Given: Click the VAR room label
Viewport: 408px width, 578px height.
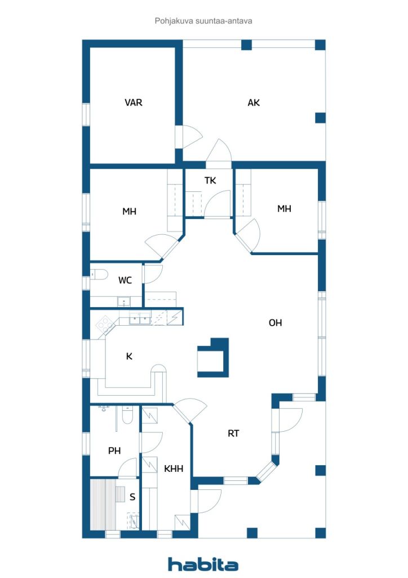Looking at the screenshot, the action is [133, 103].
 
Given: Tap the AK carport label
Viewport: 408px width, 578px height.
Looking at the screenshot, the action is [254, 103].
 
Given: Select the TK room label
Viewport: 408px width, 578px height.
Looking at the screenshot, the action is [210, 180].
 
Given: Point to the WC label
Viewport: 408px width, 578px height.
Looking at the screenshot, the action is [125, 280].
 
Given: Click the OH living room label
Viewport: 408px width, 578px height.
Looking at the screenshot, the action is [275, 323].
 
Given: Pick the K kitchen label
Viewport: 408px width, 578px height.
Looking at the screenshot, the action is [129, 356].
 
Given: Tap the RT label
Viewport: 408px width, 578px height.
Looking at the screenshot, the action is [233, 433].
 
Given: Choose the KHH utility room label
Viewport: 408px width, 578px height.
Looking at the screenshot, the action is [173, 468].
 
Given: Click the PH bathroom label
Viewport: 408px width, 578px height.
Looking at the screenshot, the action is [114, 450].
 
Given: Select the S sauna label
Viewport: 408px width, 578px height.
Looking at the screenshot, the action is [132, 497].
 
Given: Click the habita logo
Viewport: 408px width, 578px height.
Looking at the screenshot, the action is [203, 564].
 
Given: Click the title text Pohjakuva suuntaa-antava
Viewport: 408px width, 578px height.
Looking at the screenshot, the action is [203, 21].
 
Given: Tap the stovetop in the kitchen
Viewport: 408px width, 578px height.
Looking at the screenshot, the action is [104, 325].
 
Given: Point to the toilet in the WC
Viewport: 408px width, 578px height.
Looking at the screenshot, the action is [99, 274].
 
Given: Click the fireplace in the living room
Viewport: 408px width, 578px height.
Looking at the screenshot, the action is [214, 357].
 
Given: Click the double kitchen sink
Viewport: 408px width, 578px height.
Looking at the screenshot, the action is [140, 318].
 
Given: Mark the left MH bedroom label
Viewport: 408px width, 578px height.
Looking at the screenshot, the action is [129, 211].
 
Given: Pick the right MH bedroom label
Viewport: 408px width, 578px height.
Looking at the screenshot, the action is [284, 209].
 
